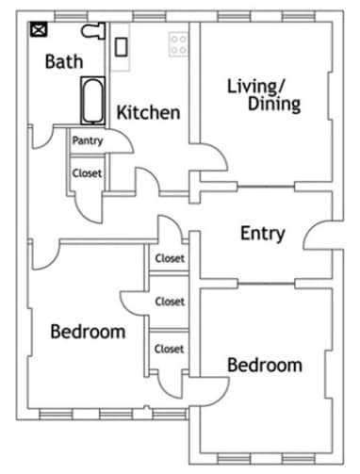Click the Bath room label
[64, 62]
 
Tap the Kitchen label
[148, 113]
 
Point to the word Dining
[274, 105]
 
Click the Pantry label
[88, 141]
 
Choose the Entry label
[262, 234]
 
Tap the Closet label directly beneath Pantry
[88, 173]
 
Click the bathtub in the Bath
[91, 102]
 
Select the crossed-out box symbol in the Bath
[39, 30]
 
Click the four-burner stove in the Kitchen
[177, 42]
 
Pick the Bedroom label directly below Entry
[265, 366]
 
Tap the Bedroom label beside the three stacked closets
[88, 332]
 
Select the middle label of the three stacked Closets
[170, 302]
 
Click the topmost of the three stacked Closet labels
[170, 258]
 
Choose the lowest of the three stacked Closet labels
[170, 349]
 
